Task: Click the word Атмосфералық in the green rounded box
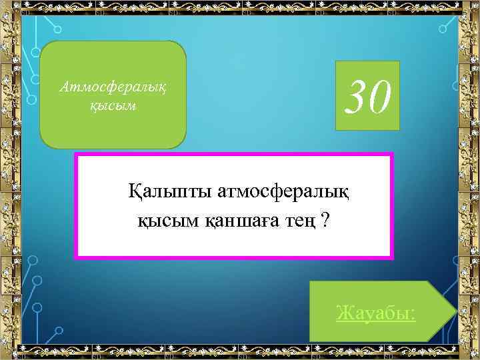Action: point(111,87)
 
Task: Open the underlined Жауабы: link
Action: point(377,312)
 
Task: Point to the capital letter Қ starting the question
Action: point(135,193)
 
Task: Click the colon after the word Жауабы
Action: point(413,313)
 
